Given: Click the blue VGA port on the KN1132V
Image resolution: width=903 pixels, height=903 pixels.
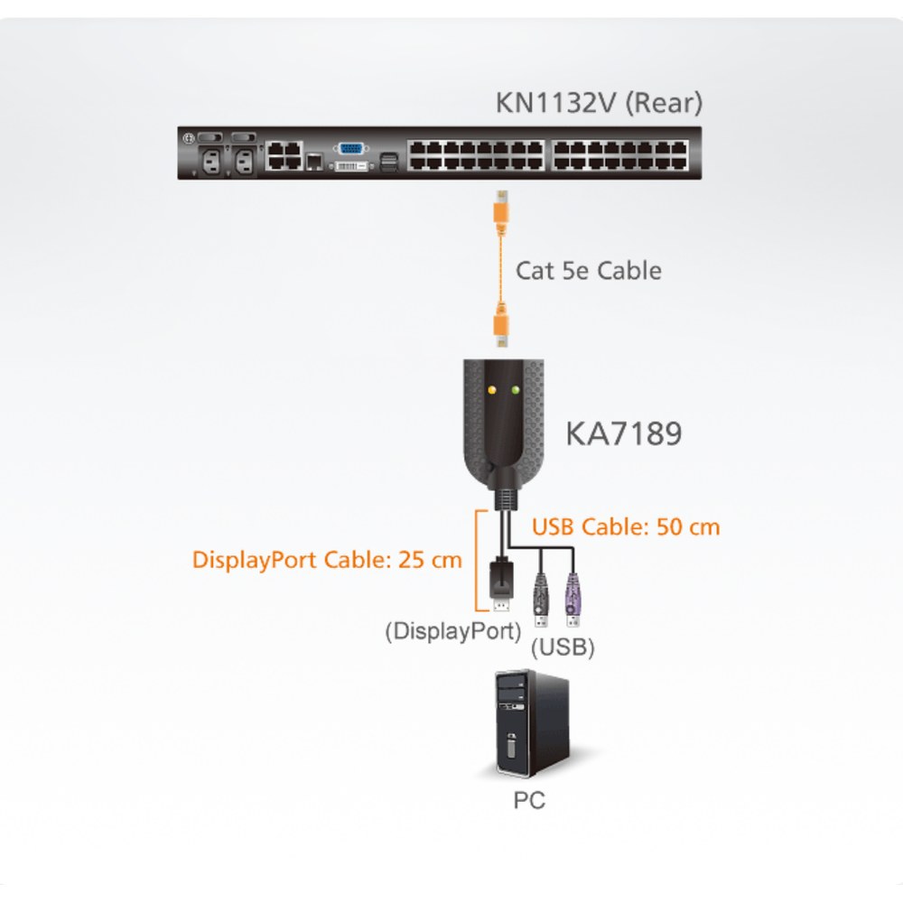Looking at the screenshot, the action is coord(350,149).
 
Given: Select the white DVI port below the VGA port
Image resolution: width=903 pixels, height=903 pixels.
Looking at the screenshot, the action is coord(350,166).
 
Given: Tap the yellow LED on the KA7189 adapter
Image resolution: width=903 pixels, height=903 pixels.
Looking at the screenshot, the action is coord(491,390).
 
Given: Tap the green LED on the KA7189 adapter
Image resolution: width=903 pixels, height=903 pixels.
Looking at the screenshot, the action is coord(515,390).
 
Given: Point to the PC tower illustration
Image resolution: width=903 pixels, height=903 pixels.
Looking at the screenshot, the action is coord(533,724).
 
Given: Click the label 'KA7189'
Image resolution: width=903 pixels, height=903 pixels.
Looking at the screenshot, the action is coord(624,433).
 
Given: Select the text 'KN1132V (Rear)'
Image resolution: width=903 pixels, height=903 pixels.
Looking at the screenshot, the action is coord(599,103).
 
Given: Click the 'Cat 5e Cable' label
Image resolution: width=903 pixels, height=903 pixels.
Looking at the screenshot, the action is coord(589,271).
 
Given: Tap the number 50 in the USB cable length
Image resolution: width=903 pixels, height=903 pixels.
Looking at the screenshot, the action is coord(671,527).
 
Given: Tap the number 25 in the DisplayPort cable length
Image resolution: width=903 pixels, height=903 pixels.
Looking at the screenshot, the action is coord(413,560).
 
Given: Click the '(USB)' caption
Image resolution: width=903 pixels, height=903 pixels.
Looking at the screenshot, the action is coord(563,647).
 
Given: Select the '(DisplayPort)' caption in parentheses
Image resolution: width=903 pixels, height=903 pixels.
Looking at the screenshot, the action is coord(453,631).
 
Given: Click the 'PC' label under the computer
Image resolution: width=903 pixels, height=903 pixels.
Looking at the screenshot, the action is coord(529,800).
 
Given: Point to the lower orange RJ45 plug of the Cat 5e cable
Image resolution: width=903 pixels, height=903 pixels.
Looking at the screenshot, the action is coord(501,327).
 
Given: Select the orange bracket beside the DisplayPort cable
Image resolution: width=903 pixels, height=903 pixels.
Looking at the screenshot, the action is coord(478,560).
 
